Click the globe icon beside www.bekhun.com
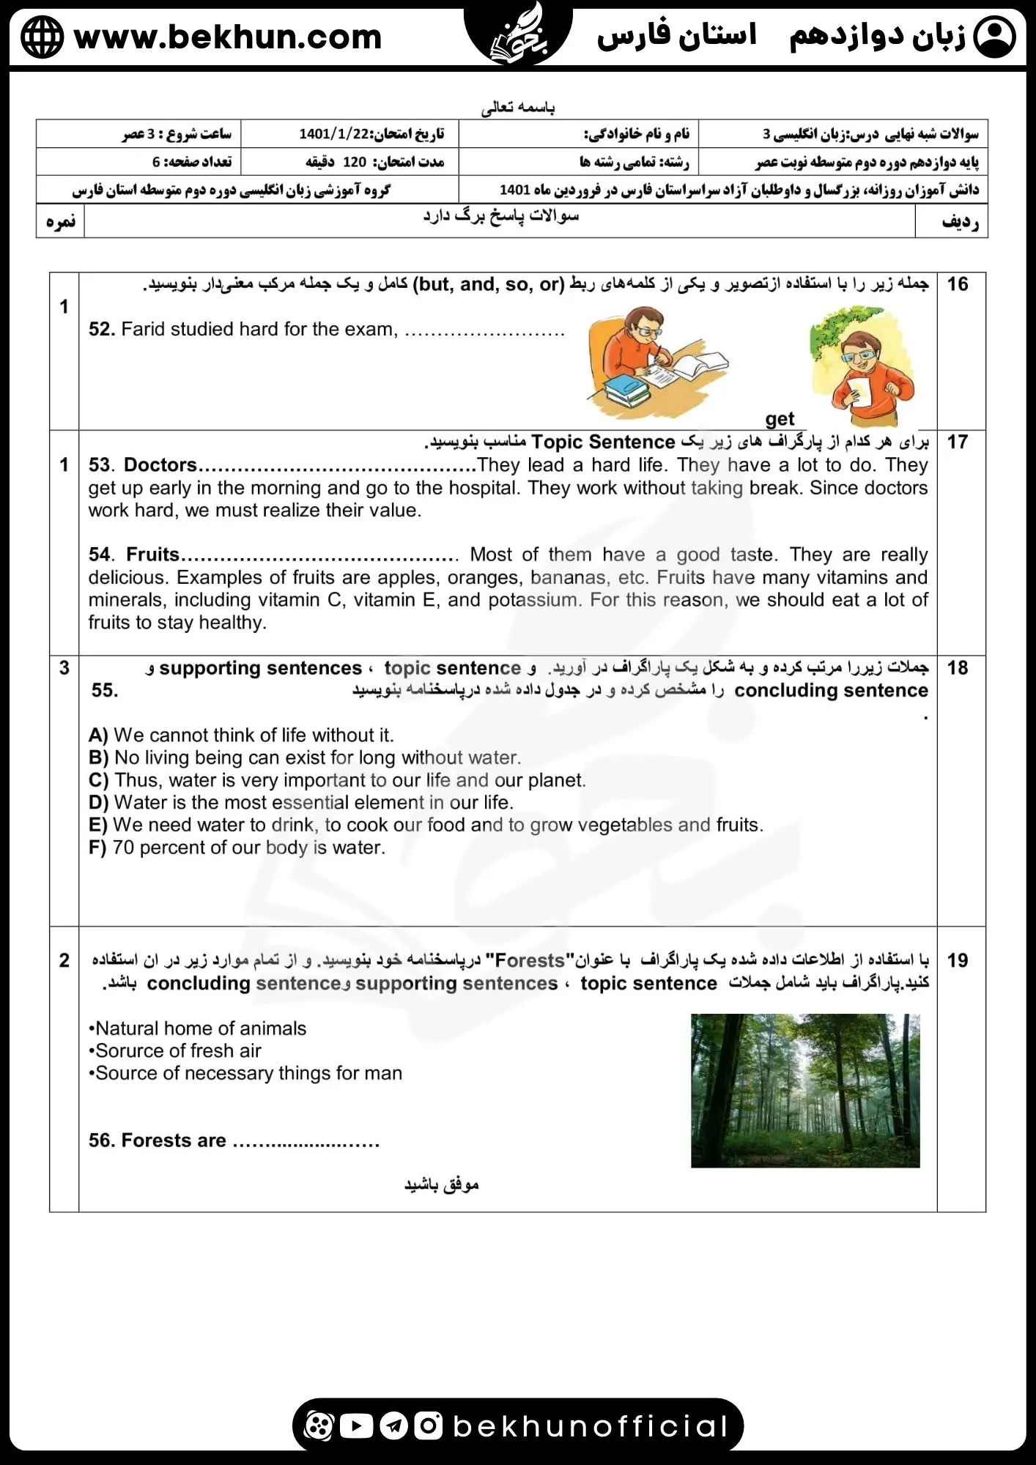tap(42, 37)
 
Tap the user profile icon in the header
tap(996, 37)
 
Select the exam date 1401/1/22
tap(336, 133)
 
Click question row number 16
tap(957, 284)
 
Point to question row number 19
tap(957, 960)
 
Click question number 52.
tap(102, 330)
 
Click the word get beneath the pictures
tap(780, 419)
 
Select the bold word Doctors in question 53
tap(160, 465)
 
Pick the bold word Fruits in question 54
tap(152, 555)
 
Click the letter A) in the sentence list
tap(98, 735)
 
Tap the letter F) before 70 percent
tap(97, 848)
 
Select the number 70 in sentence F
tap(123, 848)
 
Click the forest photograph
tap(804, 1090)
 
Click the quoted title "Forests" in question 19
tap(530, 960)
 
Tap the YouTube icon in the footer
tap(357, 1425)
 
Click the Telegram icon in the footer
tap(394, 1425)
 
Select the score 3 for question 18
tap(64, 668)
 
